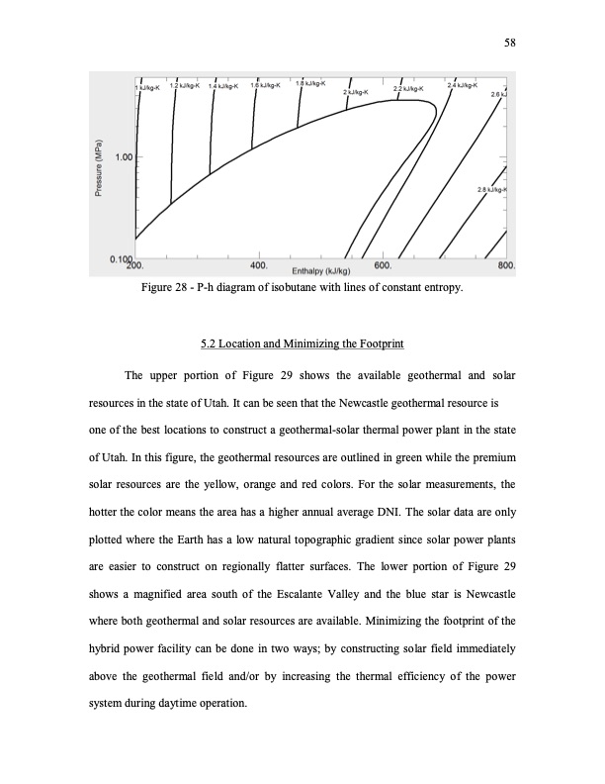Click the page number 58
(x=511, y=43)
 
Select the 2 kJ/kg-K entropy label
(x=356, y=91)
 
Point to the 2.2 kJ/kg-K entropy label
(x=409, y=89)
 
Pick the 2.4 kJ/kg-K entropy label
(x=464, y=85)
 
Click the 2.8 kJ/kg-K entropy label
(x=490, y=189)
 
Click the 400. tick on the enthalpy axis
(x=260, y=265)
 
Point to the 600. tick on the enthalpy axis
(x=386, y=265)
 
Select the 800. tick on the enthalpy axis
(x=507, y=265)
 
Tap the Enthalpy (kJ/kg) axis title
(x=322, y=270)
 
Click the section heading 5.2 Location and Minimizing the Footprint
(x=302, y=344)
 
